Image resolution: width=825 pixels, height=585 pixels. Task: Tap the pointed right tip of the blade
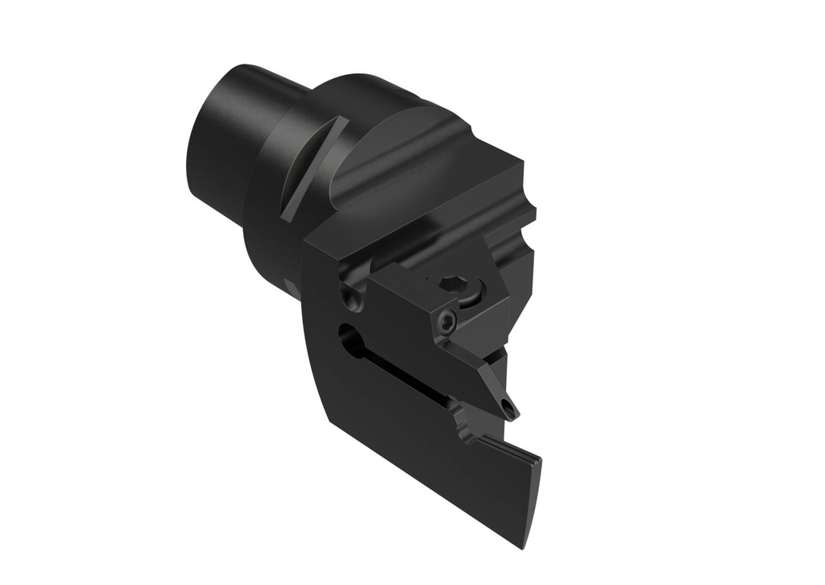pos(538,459)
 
